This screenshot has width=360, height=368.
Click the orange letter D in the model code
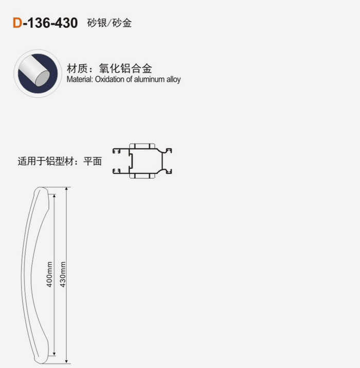click(x=17, y=23)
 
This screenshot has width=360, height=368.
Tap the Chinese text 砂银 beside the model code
click(x=97, y=23)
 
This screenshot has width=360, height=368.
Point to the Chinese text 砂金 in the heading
click(x=122, y=23)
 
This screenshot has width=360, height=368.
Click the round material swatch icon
click(x=38, y=74)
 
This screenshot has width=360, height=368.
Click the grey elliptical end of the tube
click(x=43, y=78)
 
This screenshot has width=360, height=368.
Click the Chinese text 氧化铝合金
click(x=125, y=68)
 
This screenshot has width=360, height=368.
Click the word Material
click(x=80, y=79)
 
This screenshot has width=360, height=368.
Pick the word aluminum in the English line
click(x=149, y=79)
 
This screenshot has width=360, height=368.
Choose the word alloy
click(x=173, y=80)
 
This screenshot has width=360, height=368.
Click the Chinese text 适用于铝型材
click(x=46, y=162)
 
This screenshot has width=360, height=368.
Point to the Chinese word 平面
click(x=93, y=162)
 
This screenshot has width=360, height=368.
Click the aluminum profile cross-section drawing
click(x=142, y=161)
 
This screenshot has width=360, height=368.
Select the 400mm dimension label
click(x=49, y=274)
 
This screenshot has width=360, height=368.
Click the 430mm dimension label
click(x=63, y=274)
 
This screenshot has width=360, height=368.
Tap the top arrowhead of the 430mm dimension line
click(x=67, y=189)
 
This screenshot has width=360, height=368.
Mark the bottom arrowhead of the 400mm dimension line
click(x=54, y=354)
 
